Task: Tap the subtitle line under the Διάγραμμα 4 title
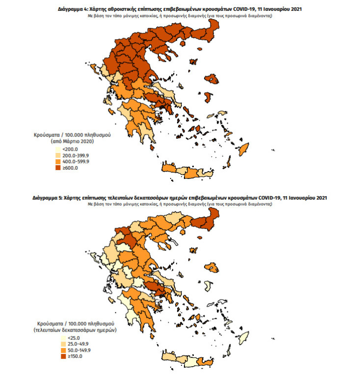pyautogui.click(x=179, y=16)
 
